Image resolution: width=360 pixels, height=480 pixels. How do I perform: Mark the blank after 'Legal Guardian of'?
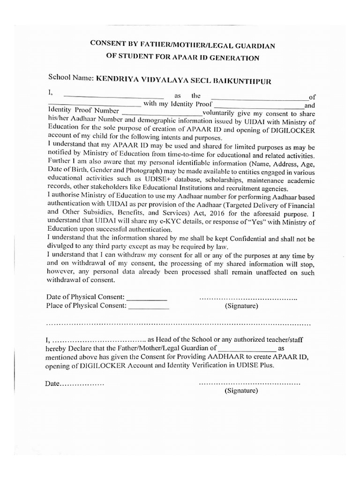click(x=247, y=348)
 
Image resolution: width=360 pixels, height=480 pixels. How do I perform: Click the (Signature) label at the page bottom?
click(x=241, y=390)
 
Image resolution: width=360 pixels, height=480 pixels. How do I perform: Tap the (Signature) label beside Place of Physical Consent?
click(x=241, y=306)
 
